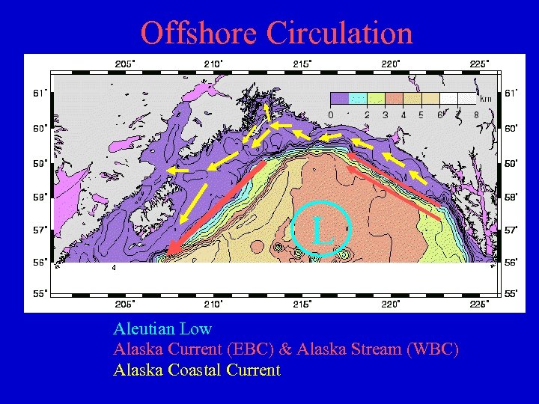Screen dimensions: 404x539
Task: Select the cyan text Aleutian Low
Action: pos(162,328)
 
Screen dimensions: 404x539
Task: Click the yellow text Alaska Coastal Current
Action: pos(196,370)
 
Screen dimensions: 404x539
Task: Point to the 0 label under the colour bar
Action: pos(331,114)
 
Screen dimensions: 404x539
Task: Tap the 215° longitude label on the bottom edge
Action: pos(302,304)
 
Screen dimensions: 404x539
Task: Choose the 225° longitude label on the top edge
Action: pos(479,64)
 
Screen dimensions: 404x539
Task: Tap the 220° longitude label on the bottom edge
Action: pos(391,304)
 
